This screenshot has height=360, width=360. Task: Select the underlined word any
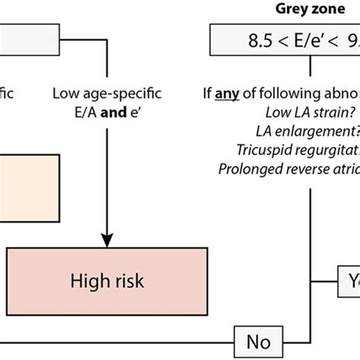pyautogui.click(x=242, y=97)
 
